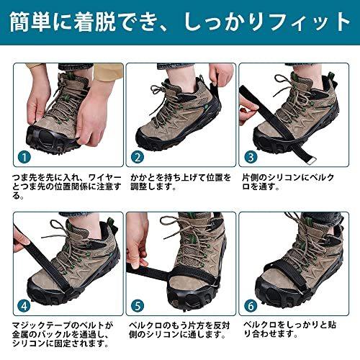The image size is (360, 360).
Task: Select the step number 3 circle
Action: tap(251, 156)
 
